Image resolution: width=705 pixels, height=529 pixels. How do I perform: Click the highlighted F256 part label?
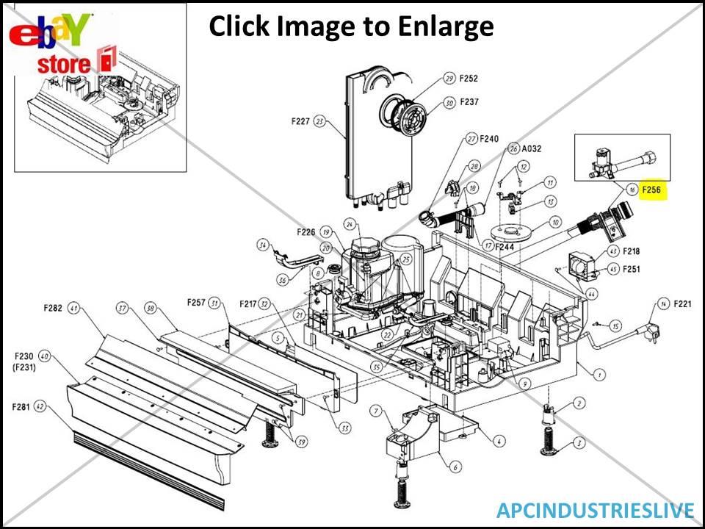[651, 190]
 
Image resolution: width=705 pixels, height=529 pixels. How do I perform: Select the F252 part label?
[469, 79]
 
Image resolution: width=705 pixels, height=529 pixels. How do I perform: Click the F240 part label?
[489, 138]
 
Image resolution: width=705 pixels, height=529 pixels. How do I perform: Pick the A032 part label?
[532, 148]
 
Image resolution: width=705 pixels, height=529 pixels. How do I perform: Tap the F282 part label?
[54, 309]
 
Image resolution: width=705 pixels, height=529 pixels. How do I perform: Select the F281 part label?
[21, 406]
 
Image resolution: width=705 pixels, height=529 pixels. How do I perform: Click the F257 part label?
[196, 303]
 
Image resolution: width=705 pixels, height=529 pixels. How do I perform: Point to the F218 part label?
[631, 251]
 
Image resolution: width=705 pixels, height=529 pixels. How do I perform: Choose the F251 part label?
[631, 269]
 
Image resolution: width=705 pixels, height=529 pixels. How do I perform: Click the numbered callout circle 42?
[40, 406]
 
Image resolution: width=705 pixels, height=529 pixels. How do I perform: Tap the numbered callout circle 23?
[319, 122]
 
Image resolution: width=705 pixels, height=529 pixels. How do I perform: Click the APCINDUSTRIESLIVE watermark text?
[595, 510]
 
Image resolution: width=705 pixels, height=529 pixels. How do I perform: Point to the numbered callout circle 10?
[554, 222]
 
